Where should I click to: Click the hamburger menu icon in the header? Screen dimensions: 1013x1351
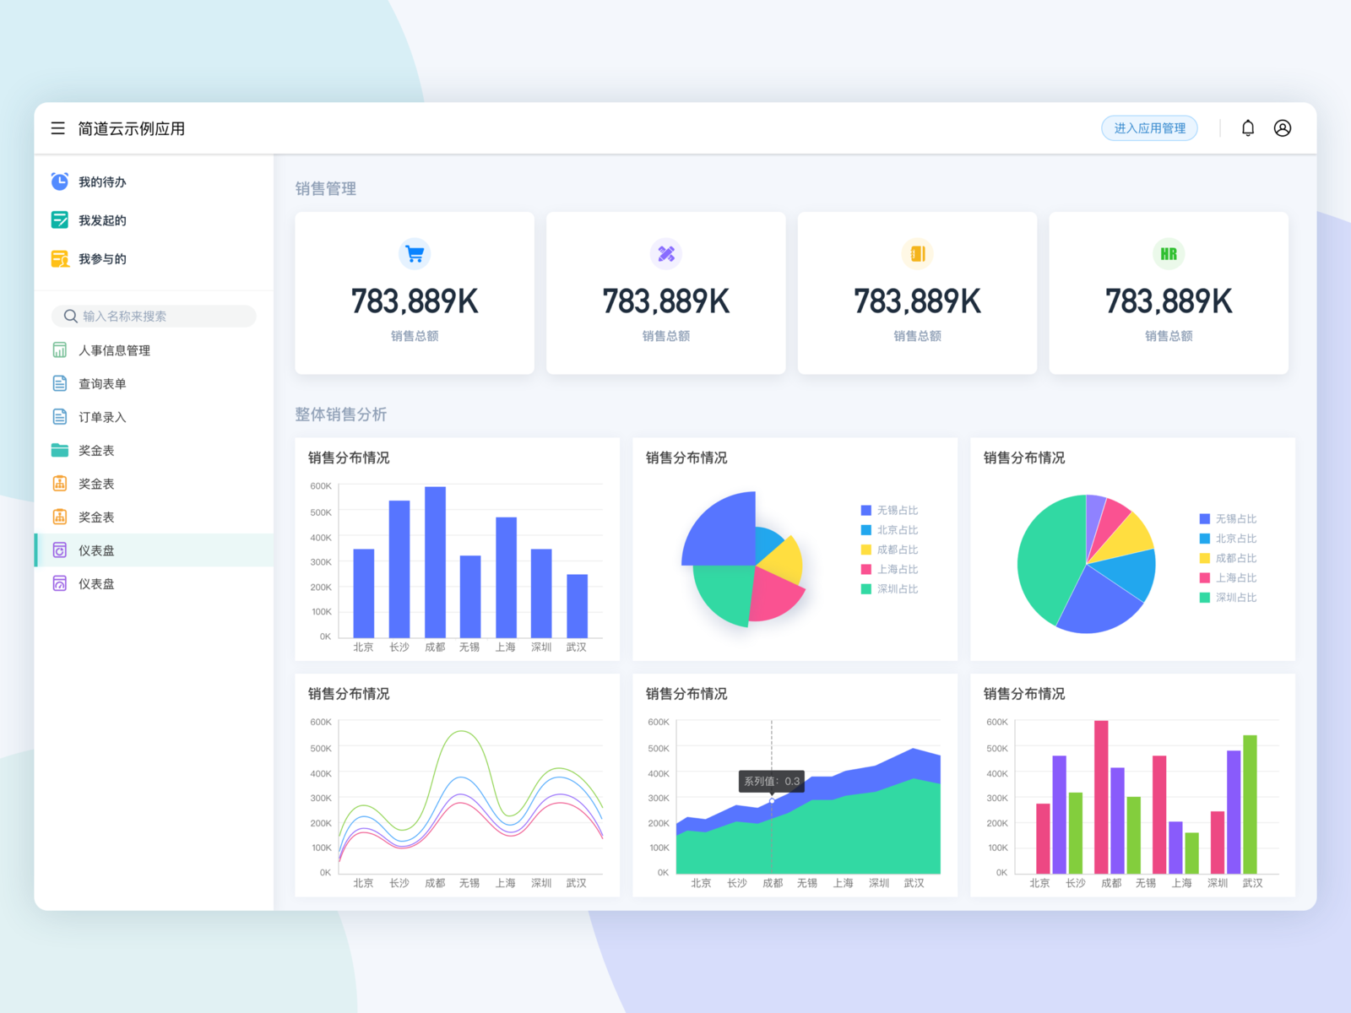58,128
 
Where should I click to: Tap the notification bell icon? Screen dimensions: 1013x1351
1248,128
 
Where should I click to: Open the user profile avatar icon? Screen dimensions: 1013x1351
1283,128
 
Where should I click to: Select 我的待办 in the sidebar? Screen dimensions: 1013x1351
102,182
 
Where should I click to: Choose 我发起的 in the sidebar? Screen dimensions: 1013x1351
102,220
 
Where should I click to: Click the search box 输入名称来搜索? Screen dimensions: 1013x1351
154,317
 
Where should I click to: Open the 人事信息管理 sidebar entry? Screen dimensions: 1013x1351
114,350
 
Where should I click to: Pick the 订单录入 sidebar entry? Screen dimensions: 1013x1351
102,417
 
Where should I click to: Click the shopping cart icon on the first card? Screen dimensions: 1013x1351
415,253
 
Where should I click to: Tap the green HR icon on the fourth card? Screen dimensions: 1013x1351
1169,253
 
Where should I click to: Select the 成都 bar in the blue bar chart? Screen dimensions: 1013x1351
435,561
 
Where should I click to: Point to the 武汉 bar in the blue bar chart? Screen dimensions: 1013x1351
577,605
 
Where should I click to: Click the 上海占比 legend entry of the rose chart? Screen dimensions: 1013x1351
897,570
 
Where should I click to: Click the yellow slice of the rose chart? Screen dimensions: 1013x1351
784,558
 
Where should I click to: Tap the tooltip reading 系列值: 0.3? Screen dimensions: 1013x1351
771,782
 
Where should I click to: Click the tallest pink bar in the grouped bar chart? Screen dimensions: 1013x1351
1101,796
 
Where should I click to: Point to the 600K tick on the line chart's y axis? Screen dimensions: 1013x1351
321,723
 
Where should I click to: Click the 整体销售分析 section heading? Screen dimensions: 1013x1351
340,414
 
